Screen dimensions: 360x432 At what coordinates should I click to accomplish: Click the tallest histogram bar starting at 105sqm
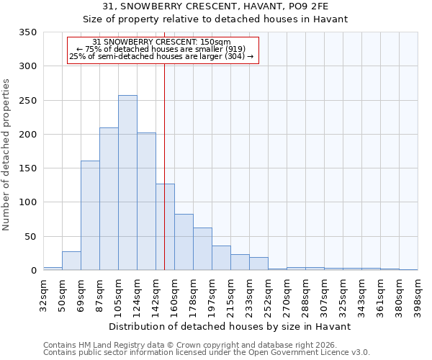point(127,183)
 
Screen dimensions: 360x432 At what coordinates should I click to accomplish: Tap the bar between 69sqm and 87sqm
point(90,216)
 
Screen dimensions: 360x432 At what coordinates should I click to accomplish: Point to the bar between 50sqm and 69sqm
point(71,261)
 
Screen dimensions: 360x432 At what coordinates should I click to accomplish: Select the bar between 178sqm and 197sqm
point(202,249)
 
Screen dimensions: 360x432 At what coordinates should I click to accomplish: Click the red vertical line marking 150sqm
point(165,144)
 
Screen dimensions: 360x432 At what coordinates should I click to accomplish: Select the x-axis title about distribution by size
point(230,326)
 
